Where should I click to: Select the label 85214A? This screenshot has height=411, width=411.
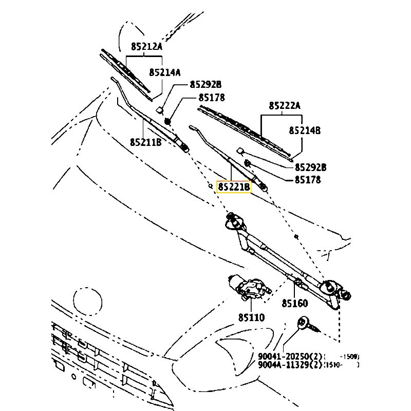click(165, 72)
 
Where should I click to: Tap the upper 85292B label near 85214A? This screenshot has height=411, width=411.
click(206, 85)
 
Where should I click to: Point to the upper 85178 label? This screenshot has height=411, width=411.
click(211, 98)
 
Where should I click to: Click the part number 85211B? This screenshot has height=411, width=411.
click(145, 142)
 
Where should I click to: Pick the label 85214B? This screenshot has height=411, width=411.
click(304, 131)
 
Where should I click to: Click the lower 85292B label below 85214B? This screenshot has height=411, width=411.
click(311, 167)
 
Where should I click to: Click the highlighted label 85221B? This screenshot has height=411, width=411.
click(234, 187)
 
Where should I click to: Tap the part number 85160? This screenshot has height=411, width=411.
click(294, 304)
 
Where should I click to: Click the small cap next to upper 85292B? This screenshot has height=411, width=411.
click(160, 109)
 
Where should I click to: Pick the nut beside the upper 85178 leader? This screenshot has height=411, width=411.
click(167, 121)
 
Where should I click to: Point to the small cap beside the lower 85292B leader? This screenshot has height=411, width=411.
click(240, 151)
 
